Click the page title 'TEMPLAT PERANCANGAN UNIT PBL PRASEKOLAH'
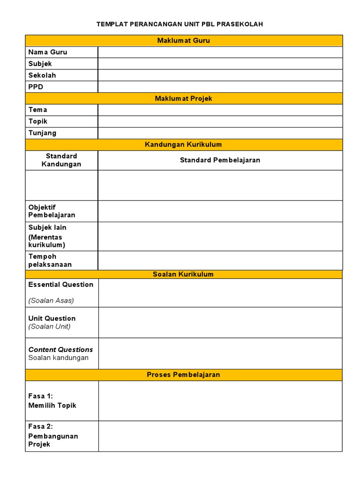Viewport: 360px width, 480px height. click(x=180, y=24)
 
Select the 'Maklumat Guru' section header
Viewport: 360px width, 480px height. click(x=183, y=41)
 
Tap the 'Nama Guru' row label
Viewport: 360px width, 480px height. click(x=47, y=52)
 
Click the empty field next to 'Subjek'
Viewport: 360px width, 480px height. click(x=220, y=64)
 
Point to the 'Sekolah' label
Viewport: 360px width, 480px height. click(x=42, y=75)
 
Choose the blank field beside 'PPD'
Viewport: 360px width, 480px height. click(x=220, y=87)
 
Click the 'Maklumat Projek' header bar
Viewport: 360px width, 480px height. click(x=183, y=98)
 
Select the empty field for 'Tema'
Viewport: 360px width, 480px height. click(x=220, y=110)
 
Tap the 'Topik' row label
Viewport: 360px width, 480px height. click(x=37, y=121)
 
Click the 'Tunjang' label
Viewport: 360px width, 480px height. click(x=42, y=133)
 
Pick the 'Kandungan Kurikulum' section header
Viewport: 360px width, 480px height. click(x=183, y=144)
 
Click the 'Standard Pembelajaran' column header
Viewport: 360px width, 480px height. click(x=220, y=160)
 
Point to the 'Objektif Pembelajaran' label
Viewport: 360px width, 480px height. click(x=52, y=211)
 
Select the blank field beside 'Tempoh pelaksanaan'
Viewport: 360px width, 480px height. click(x=220, y=260)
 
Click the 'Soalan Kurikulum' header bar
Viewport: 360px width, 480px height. click(x=183, y=274)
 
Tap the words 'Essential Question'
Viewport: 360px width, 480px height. click(x=60, y=285)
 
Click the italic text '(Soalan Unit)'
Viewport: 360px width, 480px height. click(x=49, y=327)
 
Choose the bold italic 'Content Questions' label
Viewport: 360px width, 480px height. click(x=60, y=350)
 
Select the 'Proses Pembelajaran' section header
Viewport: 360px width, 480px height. click(x=183, y=375)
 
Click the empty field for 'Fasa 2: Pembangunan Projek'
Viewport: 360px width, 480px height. click(x=220, y=436)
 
